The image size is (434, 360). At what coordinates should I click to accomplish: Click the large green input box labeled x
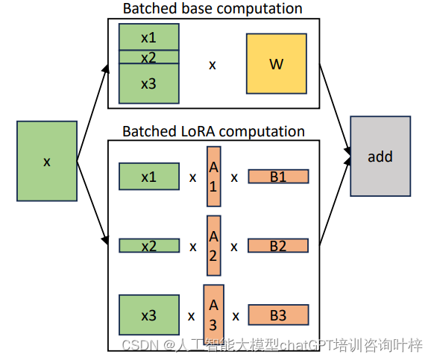[x=47, y=162]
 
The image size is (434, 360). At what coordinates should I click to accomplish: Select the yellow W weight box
[x=276, y=63]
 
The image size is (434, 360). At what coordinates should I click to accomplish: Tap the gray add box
[x=380, y=157]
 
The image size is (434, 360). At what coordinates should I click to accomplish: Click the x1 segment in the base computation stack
[x=148, y=37]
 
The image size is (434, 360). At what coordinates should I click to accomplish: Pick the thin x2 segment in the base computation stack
[x=148, y=57]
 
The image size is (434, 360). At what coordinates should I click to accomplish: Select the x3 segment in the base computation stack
[x=148, y=83]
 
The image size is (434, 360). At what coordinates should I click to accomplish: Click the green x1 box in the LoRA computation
[x=148, y=177]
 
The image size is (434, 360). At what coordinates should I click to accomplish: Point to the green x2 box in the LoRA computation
[x=148, y=245]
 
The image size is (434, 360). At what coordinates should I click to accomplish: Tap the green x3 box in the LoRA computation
[x=148, y=315]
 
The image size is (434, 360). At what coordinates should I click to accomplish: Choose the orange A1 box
[x=213, y=177]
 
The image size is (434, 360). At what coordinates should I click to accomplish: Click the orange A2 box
[x=213, y=245]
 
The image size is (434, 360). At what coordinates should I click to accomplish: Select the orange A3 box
[x=213, y=314]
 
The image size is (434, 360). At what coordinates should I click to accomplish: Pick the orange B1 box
[x=277, y=177]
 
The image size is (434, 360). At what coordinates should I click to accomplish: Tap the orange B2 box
[x=277, y=245]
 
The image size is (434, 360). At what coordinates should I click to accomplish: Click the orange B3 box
[x=277, y=315]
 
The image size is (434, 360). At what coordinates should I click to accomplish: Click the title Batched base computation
[x=213, y=9]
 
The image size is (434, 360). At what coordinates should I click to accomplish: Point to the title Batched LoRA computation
[x=213, y=131]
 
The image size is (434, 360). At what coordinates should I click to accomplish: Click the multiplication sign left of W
[x=213, y=65]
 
